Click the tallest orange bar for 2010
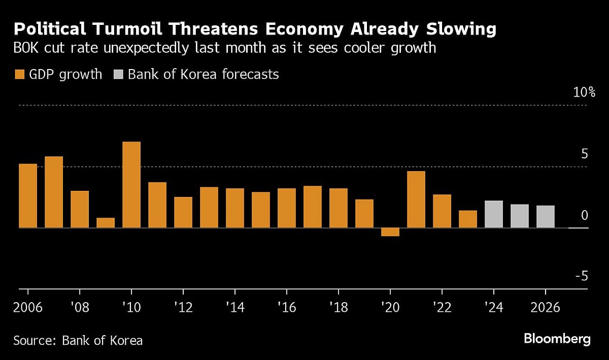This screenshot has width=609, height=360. click(131, 185)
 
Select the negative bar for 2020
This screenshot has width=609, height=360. click(390, 232)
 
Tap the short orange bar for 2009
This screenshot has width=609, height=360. click(106, 223)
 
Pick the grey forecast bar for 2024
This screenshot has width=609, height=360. click(494, 214)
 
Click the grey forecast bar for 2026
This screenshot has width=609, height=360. click(546, 217)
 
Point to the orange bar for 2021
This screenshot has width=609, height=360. click(416, 200)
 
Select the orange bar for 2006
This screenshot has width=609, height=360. click(28, 196)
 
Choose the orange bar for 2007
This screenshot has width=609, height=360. click(54, 192)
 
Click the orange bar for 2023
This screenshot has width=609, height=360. click(468, 219)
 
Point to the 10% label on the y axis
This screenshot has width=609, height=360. click(584, 92)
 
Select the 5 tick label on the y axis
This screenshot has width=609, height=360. click(584, 154)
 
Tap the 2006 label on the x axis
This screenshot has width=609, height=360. click(28, 308)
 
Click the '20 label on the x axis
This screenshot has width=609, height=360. click(390, 308)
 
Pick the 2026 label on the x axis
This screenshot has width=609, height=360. click(546, 308)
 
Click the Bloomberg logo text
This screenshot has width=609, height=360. click(557, 339)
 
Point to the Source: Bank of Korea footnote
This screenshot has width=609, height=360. click(78, 340)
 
